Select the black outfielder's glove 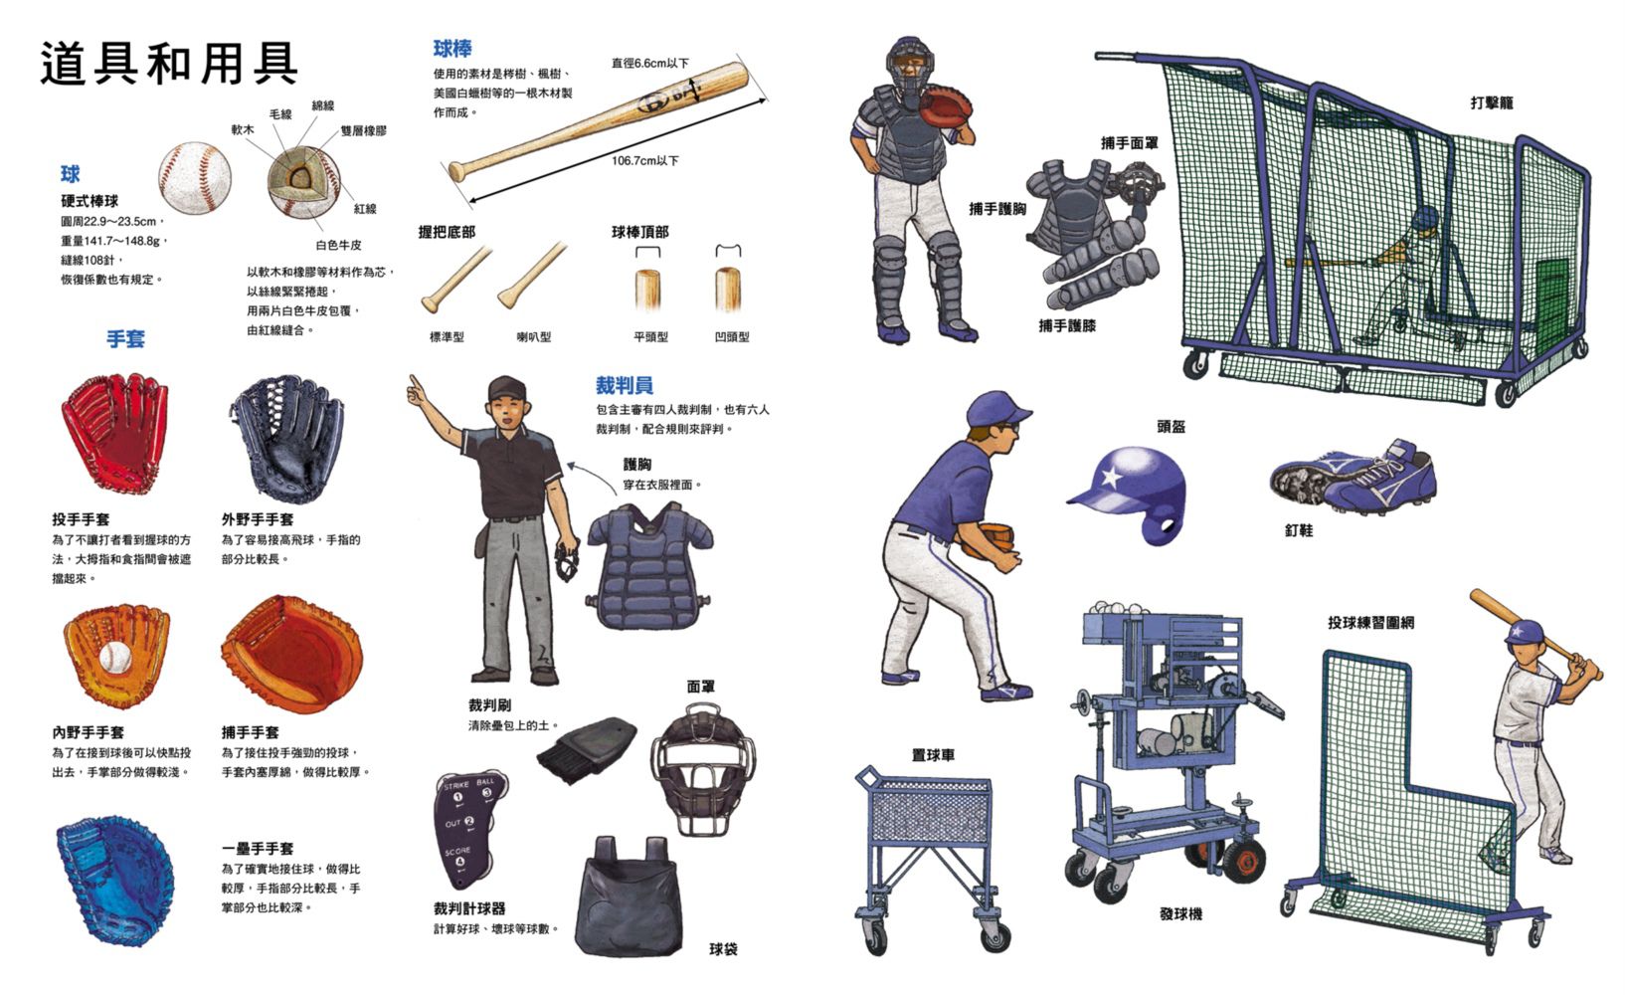click(288, 439)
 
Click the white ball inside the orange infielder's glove click(114, 658)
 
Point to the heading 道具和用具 click(169, 64)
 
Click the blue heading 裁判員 click(624, 385)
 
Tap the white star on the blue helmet click(1110, 477)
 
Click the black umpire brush click(586, 749)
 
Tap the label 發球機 click(1180, 914)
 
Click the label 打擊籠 click(1492, 103)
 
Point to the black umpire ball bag click(629, 898)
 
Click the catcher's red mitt click(945, 107)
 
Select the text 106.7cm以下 click(644, 160)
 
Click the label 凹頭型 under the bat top click(732, 336)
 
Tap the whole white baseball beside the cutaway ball click(194, 178)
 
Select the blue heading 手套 click(125, 339)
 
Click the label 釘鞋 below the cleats click(1299, 530)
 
